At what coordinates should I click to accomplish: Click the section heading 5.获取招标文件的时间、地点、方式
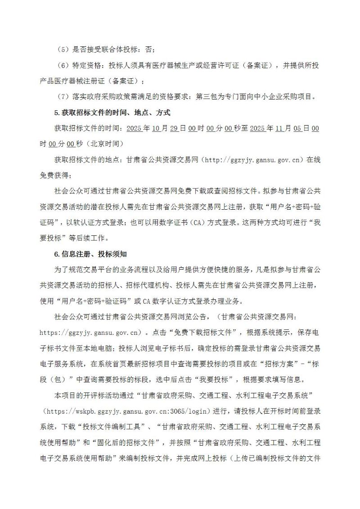point(112,112)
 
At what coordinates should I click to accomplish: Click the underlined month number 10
point(156,128)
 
